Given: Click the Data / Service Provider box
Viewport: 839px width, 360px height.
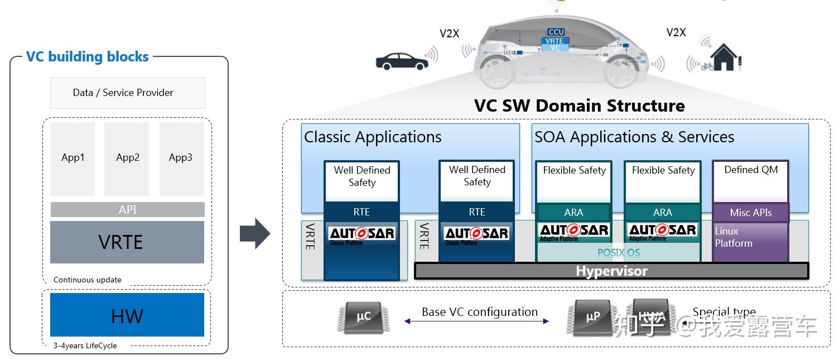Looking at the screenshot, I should tap(127, 93).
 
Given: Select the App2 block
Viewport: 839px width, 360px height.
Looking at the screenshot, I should tap(127, 158).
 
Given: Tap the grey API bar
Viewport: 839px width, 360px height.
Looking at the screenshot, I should tap(127, 210).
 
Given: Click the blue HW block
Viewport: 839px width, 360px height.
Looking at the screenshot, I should tap(127, 316).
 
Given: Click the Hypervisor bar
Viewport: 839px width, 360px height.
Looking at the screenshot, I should tap(611, 271).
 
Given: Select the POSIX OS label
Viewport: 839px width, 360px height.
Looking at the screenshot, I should tap(619, 253).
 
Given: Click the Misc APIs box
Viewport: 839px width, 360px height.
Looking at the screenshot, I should tap(750, 213).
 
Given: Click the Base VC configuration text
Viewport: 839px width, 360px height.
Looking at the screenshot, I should tap(479, 313).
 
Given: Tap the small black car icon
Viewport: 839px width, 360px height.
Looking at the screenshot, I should tap(401, 61).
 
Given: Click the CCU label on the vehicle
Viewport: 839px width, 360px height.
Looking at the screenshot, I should tap(556, 32).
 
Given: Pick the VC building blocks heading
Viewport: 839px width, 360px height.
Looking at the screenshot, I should tap(88, 57).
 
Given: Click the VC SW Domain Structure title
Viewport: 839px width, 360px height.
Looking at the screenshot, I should tap(579, 106).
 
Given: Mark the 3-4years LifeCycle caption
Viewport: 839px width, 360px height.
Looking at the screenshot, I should tap(85, 345).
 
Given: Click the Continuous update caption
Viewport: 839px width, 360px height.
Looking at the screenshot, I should tap(87, 280).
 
